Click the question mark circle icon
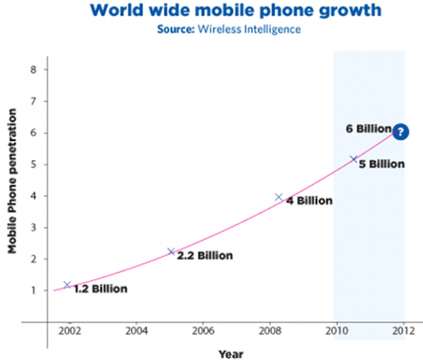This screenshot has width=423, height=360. coord(400,131)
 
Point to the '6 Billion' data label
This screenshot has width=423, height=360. coord(367,129)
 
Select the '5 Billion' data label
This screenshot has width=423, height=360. coord(381,165)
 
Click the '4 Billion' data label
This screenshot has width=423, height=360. coord(309,201)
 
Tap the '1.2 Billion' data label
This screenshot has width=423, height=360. coord(101,289)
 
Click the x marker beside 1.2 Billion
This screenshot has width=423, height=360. coord(68,285)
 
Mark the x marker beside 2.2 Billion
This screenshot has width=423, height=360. coord(171,252)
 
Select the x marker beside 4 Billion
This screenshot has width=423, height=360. coord(278,197)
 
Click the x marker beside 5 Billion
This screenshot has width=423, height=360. coord(354,159)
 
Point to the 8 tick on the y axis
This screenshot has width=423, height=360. coord(34,70)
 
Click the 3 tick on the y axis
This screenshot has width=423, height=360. coord(34,228)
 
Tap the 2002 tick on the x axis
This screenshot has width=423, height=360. coord(69,330)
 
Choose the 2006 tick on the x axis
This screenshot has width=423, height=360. coord(203,330)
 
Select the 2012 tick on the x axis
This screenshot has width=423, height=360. coord(403,330)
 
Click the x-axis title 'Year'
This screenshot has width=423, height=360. coord(231,352)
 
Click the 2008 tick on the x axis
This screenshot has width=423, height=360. coord(270,330)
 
